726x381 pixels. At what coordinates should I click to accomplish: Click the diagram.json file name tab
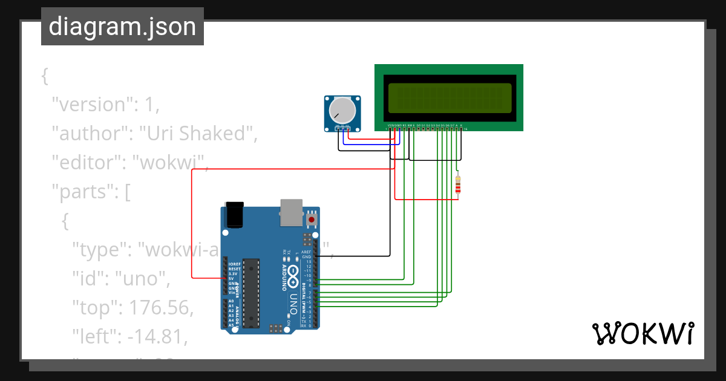[122, 27]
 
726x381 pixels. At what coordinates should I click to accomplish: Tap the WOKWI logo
[642, 334]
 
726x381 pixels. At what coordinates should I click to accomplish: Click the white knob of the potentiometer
[342, 110]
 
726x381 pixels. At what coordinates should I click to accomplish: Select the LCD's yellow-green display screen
[449, 98]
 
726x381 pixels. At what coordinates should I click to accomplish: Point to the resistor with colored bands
[458, 185]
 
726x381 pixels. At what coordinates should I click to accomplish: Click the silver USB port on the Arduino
[290, 212]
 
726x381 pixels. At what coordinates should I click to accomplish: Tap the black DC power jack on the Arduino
[233, 214]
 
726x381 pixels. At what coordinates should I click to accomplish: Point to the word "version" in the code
[91, 105]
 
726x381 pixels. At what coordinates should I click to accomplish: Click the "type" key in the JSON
[99, 250]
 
